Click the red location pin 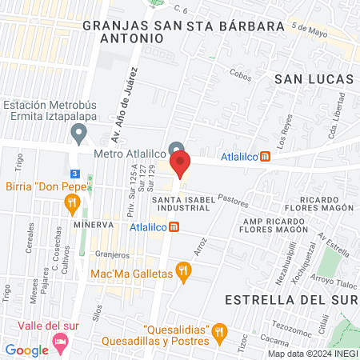(180, 164)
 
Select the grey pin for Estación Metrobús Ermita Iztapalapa (78, 130)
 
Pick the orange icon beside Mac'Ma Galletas (184, 273)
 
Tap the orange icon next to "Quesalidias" (222, 330)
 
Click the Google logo (26, 350)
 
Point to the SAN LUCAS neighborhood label (314, 78)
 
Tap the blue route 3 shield (74, 173)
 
